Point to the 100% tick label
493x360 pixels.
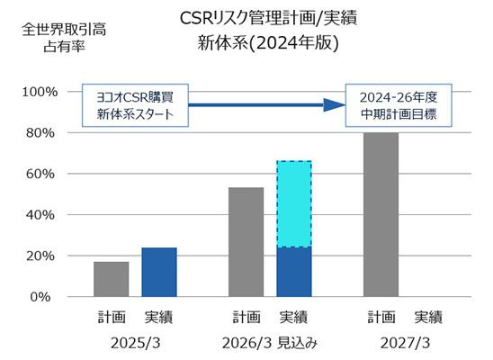(x=41, y=92)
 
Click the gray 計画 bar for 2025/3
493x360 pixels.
(x=112, y=279)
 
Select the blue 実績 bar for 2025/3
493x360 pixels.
(x=159, y=272)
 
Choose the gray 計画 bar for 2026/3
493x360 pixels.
(x=246, y=242)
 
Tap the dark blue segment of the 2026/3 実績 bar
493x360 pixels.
(x=294, y=272)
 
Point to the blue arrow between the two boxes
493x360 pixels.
(x=261, y=105)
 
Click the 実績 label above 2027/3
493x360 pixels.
(x=428, y=317)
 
